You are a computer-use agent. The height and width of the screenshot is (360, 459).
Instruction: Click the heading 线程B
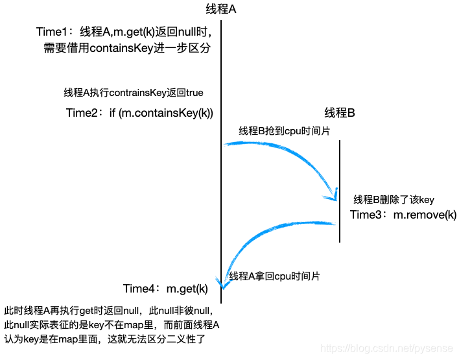(340, 113)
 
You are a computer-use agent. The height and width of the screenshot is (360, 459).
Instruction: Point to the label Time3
(368, 215)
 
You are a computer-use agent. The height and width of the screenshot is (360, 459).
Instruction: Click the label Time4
(141, 289)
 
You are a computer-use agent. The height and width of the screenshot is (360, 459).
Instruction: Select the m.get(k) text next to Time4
(187, 289)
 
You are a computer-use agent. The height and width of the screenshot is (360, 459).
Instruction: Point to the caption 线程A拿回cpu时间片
(274, 276)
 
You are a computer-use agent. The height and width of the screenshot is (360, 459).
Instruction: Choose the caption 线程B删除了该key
(394, 200)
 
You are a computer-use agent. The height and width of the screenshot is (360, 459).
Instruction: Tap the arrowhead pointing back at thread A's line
(224, 283)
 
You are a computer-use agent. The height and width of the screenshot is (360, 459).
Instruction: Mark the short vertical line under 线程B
(340, 191)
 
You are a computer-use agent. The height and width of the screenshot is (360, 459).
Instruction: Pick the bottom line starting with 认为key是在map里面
(108, 339)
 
